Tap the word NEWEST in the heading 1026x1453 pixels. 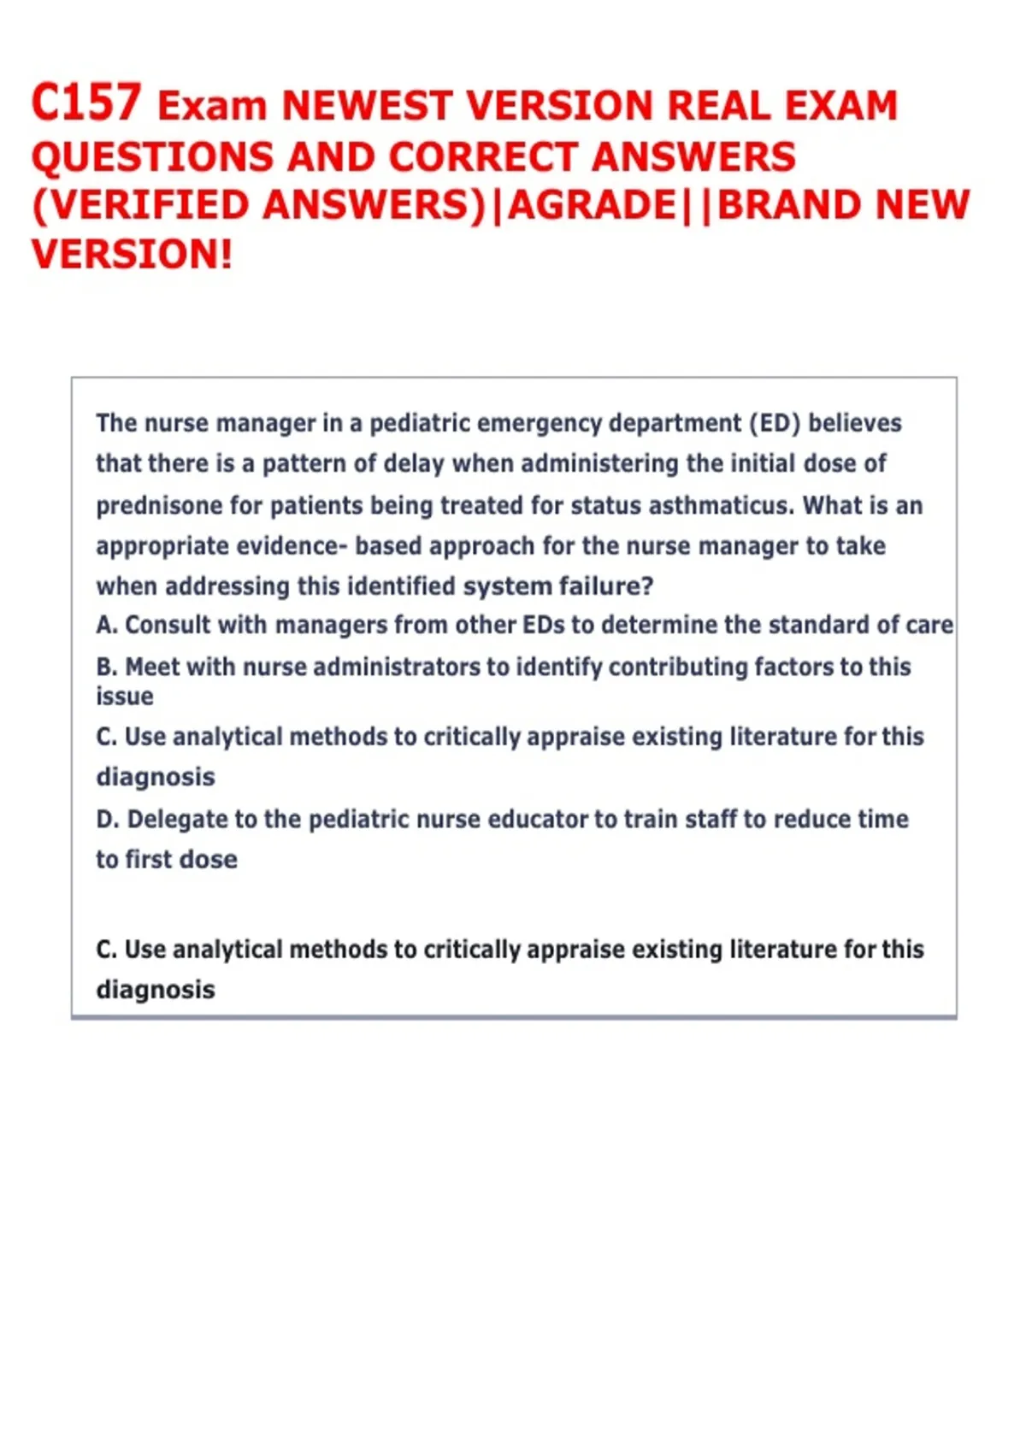366,107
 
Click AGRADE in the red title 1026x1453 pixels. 592,206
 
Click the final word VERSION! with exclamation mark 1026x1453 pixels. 132,255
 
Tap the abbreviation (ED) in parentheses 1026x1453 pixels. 775,423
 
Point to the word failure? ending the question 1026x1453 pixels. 606,586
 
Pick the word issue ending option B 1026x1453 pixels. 124,697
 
